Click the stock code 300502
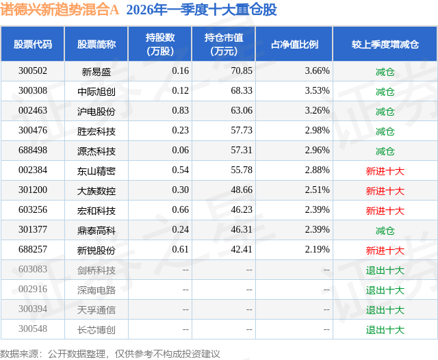(x=33, y=71)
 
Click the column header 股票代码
(x=33, y=44)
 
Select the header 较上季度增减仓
(x=385, y=44)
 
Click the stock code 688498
(x=33, y=151)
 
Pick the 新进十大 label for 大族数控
(x=385, y=190)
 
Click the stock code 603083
(x=33, y=270)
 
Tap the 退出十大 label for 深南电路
(x=385, y=290)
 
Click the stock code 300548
(x=33, y=329)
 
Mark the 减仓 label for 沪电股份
(x=385, y=111)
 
